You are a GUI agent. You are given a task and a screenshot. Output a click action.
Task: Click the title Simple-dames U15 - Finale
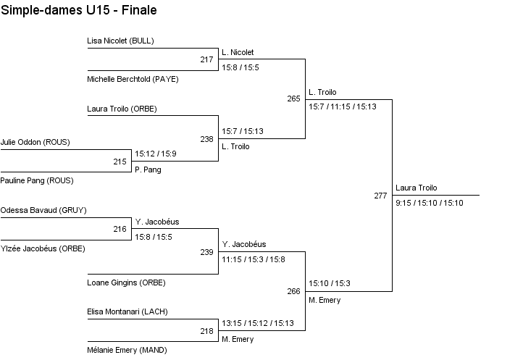[79, 10]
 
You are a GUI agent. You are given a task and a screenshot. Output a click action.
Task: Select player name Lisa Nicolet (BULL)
[120, 41]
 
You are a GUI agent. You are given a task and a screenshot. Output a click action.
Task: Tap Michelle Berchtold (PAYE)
[133, 79]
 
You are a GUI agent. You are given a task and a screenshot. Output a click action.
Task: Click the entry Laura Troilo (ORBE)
[122, 109]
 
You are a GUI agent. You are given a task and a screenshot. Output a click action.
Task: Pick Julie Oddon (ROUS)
[35, 143]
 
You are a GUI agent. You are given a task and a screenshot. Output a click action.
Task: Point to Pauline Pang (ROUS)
[37, 180]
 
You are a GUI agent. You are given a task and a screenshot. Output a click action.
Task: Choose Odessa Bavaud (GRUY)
[43, 211]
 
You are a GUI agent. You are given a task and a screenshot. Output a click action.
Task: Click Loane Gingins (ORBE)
[122, 282]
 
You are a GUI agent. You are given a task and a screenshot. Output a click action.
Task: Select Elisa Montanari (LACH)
[127, 312]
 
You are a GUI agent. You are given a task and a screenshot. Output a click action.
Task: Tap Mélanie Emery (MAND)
[127, 350]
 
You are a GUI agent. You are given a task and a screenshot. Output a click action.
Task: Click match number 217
[206, 59]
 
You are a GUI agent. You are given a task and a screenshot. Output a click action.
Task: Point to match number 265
[293, 99]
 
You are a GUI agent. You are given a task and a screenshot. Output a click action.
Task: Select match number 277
[380, 196]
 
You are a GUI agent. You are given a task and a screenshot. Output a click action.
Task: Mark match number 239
[206, 252]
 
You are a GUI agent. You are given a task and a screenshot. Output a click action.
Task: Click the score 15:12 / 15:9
[156, 154]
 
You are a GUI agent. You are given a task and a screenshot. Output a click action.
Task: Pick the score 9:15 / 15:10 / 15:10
[429, 203]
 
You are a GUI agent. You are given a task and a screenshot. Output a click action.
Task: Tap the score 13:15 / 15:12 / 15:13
[258, 323]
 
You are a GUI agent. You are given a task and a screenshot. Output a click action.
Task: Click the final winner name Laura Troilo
[417, 188]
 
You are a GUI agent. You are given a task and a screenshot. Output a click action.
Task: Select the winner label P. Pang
[148, 169]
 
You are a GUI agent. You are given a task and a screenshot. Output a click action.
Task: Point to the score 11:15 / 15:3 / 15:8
[254, 259]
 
